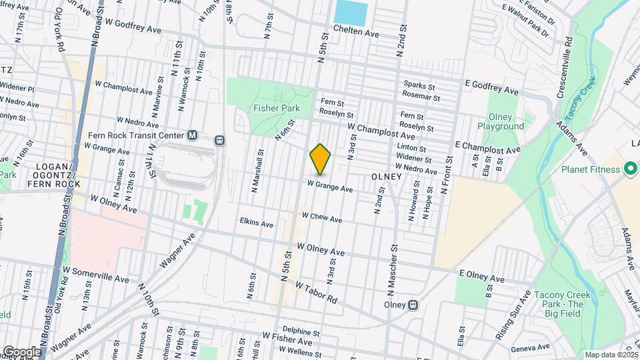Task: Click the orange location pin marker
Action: pyautogui.click(x=321, y=159)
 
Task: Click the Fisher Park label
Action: pyautogui.click(x=277, y=108)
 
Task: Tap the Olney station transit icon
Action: pyautogui.click(x=413, y=305)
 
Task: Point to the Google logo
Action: pyautogui.click(x=21, y=351)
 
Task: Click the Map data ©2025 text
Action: pyautogui.click(x=612, y=355)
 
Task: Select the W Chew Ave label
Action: pyautogui.click(x=322, y=218)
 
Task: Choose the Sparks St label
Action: pyautogui.click(x=419, y=85)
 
